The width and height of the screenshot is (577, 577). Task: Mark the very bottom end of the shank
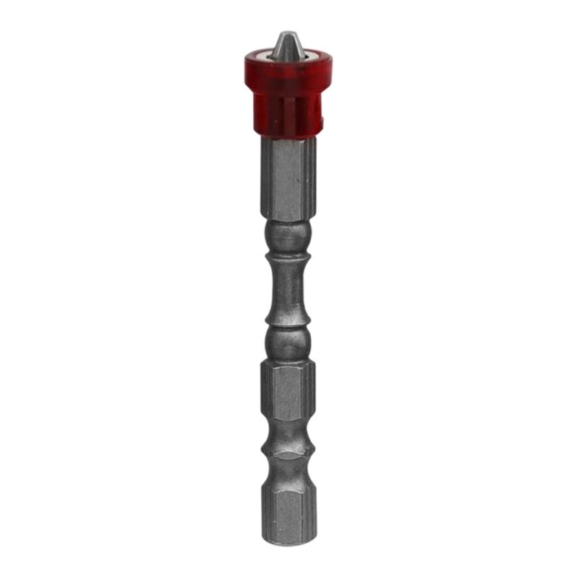[288, 542]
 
